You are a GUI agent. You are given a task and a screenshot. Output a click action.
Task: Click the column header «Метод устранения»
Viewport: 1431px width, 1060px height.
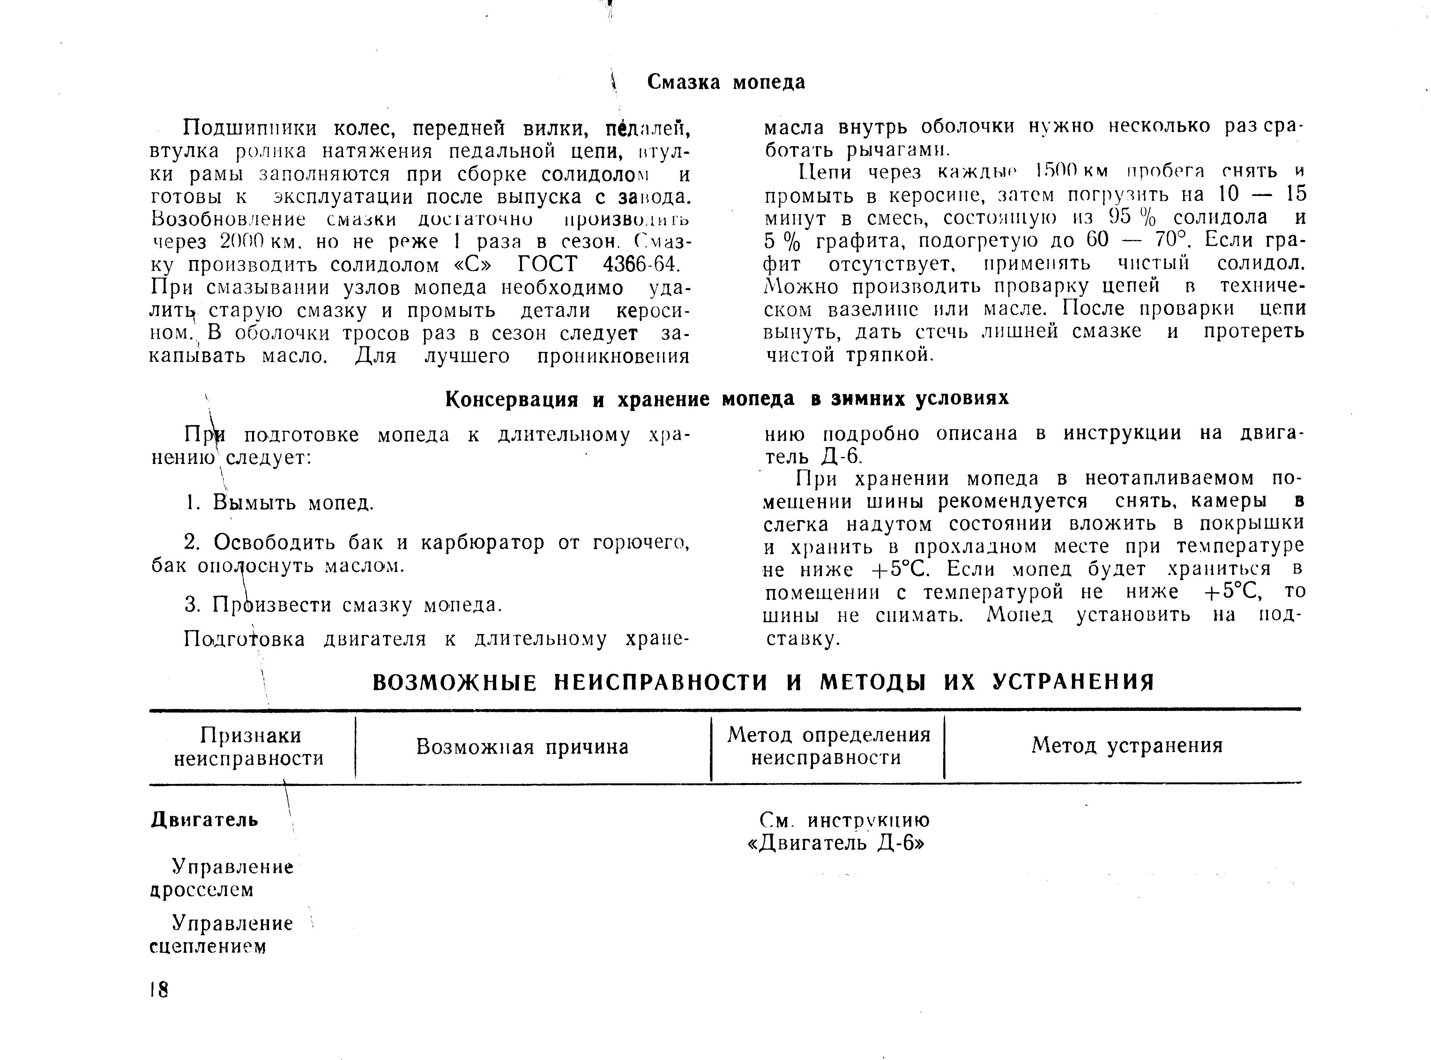(x=1127, y=746)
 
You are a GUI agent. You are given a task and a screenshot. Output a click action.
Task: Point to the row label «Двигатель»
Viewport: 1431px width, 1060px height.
(x=205, y=820)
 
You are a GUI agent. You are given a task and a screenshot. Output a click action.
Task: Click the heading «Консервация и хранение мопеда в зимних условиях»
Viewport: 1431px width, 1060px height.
(x=727, y=399)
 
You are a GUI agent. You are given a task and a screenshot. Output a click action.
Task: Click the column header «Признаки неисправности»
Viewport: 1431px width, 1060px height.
(x=249, y=747)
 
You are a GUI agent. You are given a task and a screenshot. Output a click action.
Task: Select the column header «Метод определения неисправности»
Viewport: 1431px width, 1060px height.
(x=828, y=746)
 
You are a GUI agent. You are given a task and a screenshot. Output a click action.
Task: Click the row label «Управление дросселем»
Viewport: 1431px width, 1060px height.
(x=222, y=878)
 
